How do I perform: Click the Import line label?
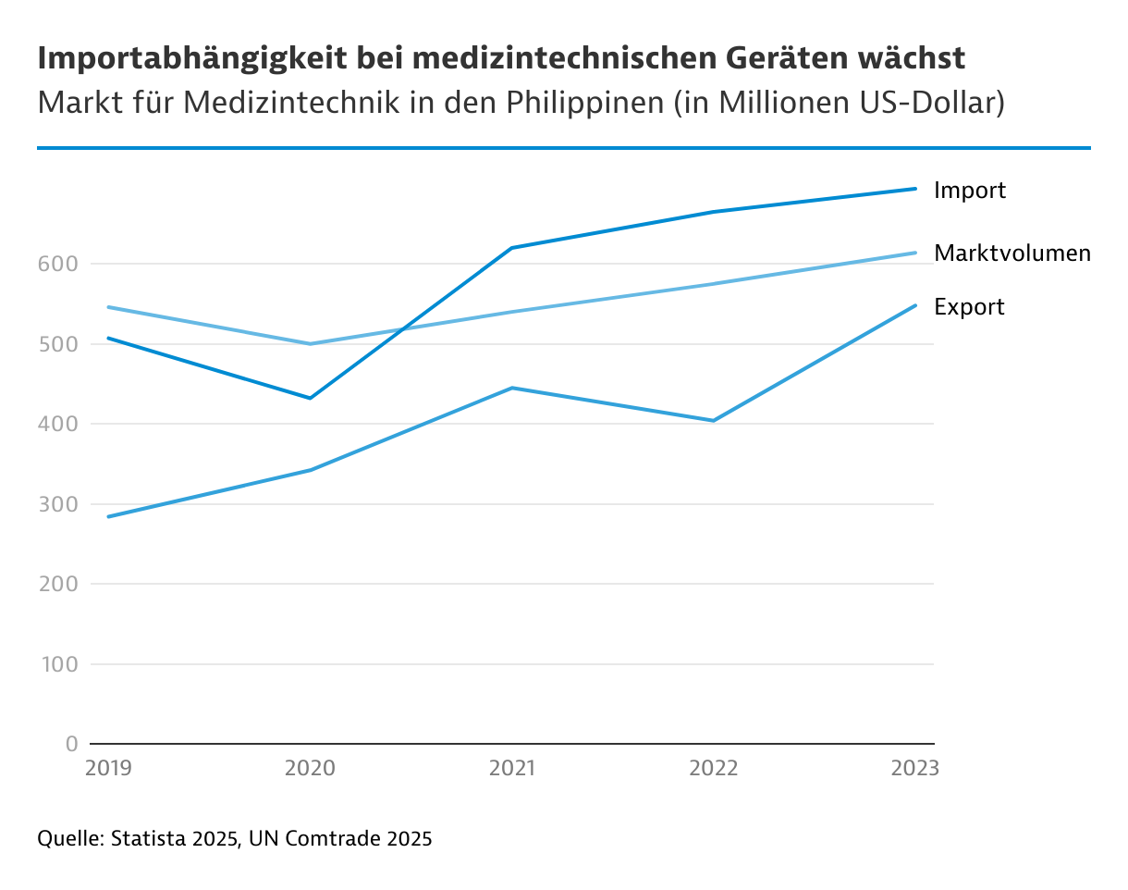pos(969,191)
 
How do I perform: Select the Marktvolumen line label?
pos(1012,253)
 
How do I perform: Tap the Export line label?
pos(969,307)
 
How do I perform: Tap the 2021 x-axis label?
pos(511,769)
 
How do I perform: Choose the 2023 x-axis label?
pos(913,769)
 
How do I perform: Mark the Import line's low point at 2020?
pos(311,398)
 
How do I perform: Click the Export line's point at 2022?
pos(713,420)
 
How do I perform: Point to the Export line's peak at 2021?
pos(511,388)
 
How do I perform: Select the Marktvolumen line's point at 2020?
pos(311,343)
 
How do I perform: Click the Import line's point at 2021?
pos(511,248)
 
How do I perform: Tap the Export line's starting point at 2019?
pos(109,516)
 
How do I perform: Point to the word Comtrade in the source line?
pos(330,840)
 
